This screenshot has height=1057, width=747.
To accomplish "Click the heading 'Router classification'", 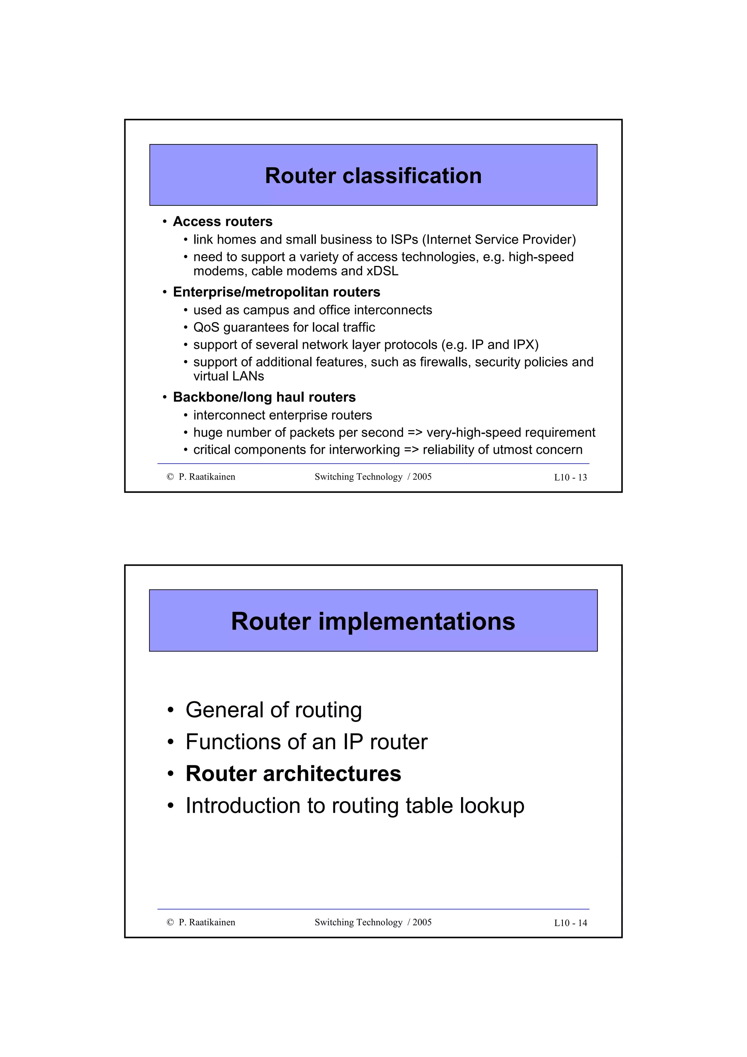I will (373, 176).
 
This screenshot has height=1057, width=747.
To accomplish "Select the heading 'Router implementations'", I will (373, 621).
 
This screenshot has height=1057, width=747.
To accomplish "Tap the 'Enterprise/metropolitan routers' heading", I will (276, 292).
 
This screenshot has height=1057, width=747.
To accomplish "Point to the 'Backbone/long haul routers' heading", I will (264, 397).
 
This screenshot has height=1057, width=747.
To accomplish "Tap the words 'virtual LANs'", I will (228, 376).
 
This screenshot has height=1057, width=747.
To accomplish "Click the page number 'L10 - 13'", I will (570, 477).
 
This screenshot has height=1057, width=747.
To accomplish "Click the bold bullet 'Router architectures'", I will (293, 773).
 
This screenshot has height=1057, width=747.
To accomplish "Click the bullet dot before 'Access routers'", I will (164, 222).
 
